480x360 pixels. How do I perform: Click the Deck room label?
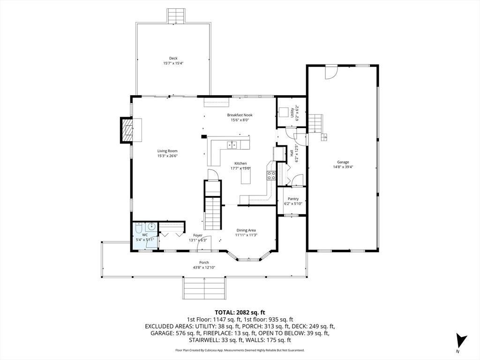tap(173, 58)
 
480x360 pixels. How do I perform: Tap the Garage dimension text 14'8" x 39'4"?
tap(343, 167)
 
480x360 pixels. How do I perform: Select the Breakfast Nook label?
tap(240, 115)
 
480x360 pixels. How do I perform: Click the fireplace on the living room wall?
tap(127, 130)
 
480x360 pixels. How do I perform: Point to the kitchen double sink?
tap(232, 145)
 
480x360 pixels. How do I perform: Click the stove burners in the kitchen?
tap(271, 175)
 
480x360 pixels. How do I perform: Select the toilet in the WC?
tap(139, 229)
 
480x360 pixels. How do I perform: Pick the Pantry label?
tap(293, 199)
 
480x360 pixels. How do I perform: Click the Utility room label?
tap(292, 112)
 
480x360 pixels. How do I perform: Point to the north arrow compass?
tap(461, 340)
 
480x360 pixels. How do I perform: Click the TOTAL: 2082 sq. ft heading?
tap(240, 312)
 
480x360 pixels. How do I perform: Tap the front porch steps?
tap(204, 288)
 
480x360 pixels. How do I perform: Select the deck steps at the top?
tap(176, 15)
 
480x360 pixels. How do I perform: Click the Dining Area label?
tap(246, 230)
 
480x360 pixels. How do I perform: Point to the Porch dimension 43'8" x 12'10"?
tap(204, 268)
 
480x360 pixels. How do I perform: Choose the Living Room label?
tap(167, 151)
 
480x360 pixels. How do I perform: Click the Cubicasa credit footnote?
tap(240, 350)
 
